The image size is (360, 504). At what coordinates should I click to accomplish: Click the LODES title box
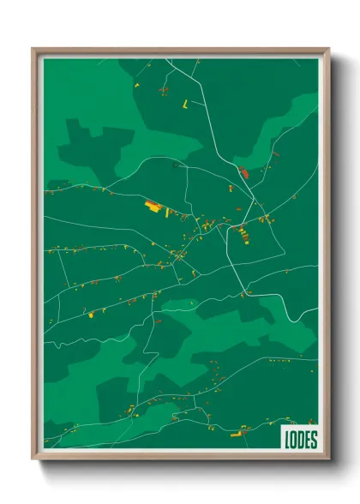[299, 439]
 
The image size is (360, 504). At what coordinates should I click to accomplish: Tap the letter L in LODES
[287, 440]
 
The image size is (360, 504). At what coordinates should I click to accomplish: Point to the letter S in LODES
[313, 440]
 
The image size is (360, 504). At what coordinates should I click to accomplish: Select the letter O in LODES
[293, 440]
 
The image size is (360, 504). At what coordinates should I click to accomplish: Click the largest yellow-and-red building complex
[153, 206]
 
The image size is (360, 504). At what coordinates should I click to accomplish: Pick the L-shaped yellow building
[185, 104]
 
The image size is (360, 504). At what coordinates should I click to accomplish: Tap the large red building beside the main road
[243, 172]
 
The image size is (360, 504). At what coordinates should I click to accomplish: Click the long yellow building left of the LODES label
[237, 435]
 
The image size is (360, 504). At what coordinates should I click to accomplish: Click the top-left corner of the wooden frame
[33, 49]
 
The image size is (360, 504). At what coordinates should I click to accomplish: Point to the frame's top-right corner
[328, 49]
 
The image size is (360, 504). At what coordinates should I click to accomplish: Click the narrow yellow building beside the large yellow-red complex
[167, 212]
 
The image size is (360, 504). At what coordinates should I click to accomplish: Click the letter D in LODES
[300, 440]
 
